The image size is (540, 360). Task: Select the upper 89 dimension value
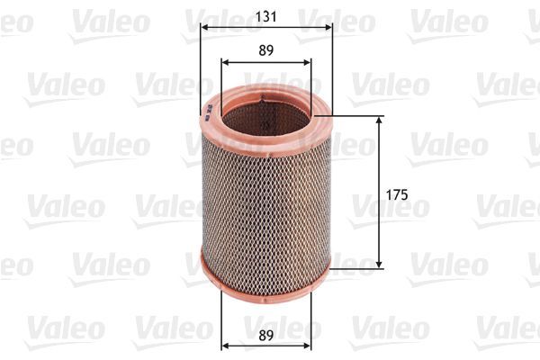[x=265, y=51]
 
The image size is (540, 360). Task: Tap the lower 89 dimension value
[x=265, y=335]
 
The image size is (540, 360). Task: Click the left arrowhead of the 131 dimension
[x=202, y=27]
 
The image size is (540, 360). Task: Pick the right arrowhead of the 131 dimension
[x=328, y=27]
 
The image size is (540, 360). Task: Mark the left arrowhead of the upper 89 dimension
[x=224, y=63]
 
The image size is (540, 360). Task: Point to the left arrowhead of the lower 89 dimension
[x=224, y=346]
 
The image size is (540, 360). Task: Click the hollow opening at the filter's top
[x=265, y=112]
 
